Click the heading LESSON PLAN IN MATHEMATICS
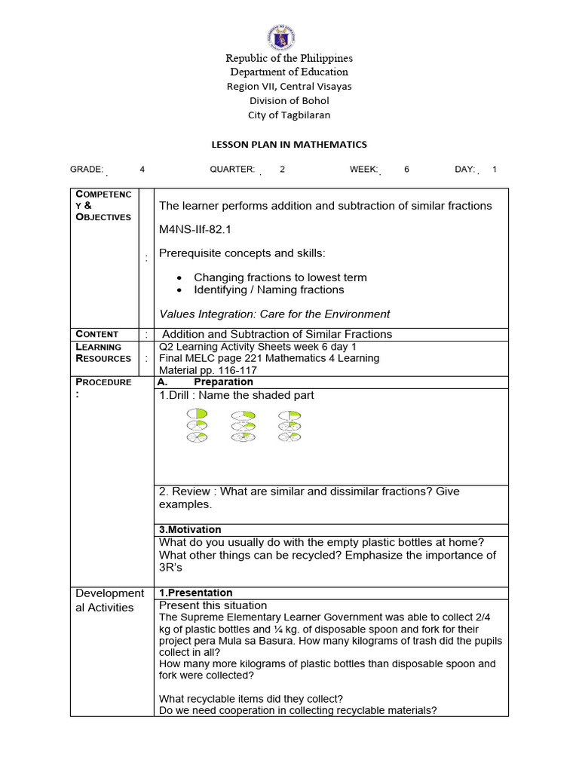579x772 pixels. point(288,144)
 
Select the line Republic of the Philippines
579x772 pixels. point(289,58)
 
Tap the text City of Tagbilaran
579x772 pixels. point(289,115)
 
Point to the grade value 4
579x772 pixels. point(142,170)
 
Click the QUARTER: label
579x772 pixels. point(232,170)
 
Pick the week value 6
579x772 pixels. point(406,170)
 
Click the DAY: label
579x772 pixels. point(464,170)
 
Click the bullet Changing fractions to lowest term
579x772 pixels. point(280,277)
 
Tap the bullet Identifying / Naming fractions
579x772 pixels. point(268,289)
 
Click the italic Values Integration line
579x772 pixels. point(274,314)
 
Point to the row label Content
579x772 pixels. point(97,334)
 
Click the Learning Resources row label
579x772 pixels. point(103,352)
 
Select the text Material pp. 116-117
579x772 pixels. point(207,370)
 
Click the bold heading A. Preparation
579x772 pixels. point(205,382)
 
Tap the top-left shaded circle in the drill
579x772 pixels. point(198,414)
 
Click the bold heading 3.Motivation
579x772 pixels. point(190,529)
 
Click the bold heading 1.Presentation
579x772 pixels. point(195,593)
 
